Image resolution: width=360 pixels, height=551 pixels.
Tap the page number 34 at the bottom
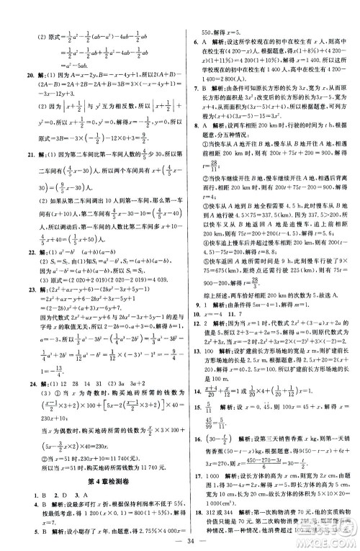pos(181,540)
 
